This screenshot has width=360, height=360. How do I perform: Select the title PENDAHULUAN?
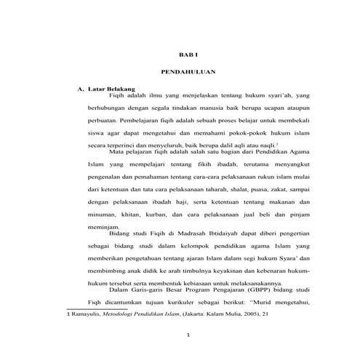(188, 71)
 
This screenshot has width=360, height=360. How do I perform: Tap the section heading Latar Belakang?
(111, 89)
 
